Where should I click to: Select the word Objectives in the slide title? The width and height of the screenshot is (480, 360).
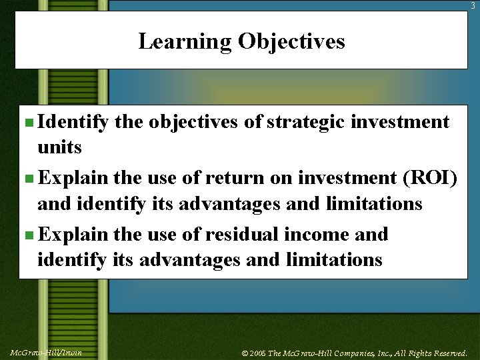pos(291,41)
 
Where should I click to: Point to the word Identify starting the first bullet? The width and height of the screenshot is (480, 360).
pos(73,122)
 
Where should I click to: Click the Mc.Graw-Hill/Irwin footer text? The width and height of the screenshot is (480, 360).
pos(46,352)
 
